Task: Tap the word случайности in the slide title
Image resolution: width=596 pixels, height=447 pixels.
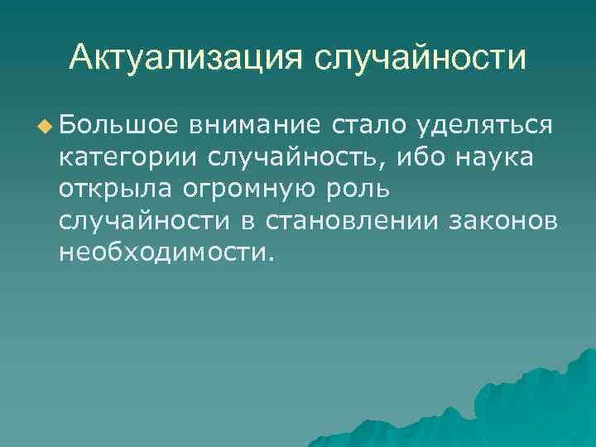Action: point(420,57)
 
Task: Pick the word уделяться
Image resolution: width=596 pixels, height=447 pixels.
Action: point(484,127)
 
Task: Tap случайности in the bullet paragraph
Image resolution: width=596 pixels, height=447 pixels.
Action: point(151,221)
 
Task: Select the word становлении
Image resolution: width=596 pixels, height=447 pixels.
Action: point(359,221)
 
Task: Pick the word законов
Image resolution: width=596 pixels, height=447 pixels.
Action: point(506,221)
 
